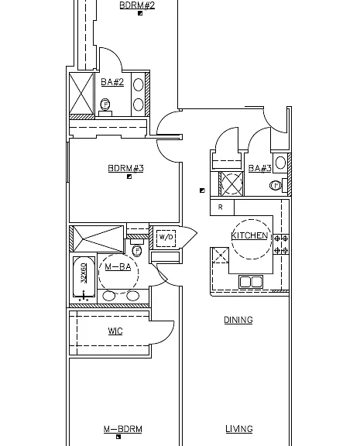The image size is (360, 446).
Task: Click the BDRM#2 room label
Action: (137, 5)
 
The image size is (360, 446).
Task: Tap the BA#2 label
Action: (112, 82)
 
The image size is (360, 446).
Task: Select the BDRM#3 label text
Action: (126, 168)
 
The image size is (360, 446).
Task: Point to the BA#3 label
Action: (260, 168)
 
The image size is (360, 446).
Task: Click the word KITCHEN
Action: (249, 235)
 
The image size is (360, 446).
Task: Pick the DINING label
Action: (238, 320)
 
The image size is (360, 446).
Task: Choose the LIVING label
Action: (239, 429)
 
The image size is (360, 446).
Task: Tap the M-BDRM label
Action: (123, 429)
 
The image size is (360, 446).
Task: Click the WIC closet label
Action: (115, 331)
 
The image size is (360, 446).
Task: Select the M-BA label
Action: (118, 267)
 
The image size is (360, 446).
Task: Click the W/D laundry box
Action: (166, 237)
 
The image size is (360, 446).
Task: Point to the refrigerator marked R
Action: (222, 207)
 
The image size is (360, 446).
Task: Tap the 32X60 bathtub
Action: (84, 277)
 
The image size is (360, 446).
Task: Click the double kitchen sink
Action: (251, 282)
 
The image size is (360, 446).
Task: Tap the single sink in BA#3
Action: (281, 163)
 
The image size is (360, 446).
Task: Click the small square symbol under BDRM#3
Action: (129, 177)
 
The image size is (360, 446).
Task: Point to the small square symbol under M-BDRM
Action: (118, 437)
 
